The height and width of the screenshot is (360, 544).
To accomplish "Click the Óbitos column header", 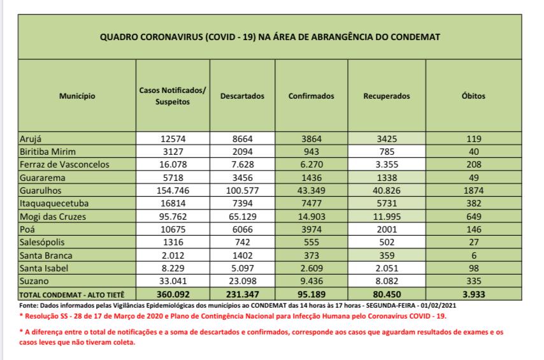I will click(473, 96).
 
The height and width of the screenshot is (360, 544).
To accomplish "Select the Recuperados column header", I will click(387, 96).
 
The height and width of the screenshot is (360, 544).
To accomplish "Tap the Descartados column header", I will click(242, 96).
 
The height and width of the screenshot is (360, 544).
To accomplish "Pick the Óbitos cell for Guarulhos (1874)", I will click(473, 191).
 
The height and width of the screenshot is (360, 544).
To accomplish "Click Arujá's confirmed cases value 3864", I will click(311, 140).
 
